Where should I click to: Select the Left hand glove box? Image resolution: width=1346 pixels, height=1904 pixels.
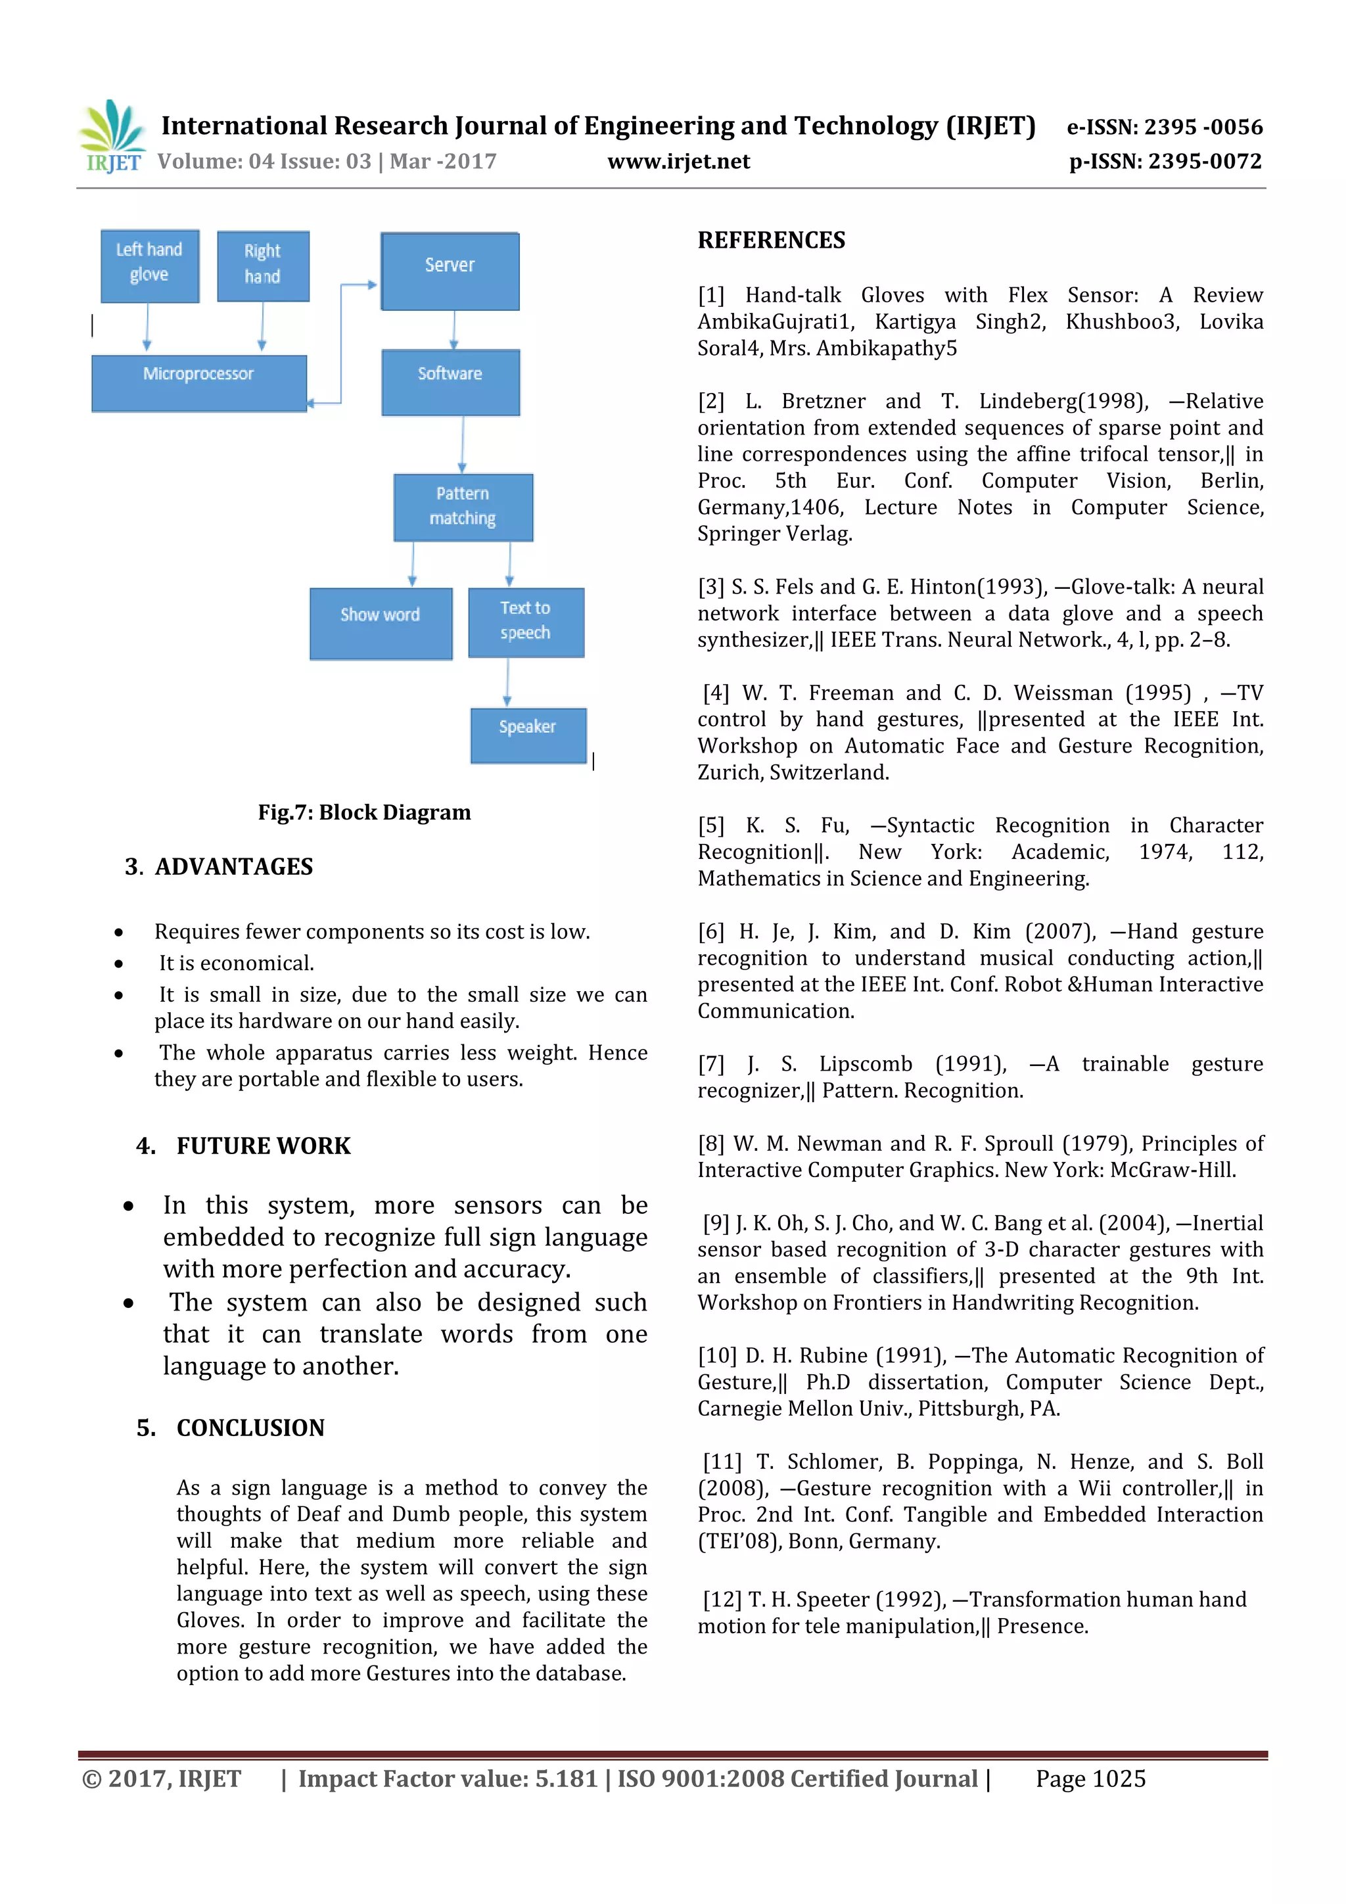pyautogui.click(x=149, y=266)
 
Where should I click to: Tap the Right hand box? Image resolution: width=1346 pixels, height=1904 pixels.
pyautogui.click(x=263, y=266)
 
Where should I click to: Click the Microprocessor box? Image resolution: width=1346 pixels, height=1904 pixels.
pyautogui.click(x=198, y=383)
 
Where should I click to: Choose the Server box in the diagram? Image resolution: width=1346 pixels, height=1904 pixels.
pyautogui.click(x=450, y=271)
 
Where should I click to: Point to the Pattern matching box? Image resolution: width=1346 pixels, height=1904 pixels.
pyautogui.click(x=463, y=507)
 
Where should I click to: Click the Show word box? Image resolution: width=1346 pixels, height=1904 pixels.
pyautogui.click(x=381, y=623)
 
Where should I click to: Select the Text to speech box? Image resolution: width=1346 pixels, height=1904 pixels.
pyautogui.click(x=526, y=622)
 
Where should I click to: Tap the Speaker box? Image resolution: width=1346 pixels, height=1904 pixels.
pyautogui.click(x=528, y=734)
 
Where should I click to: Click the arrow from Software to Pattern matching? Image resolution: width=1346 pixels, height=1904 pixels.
pyautogui.click(x=463, y=444)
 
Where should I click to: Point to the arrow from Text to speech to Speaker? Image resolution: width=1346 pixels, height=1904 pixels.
pyautogui.click(x=507, y=682)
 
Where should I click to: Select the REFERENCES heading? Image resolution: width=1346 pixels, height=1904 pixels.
pyautogui.click(x=770, y=241)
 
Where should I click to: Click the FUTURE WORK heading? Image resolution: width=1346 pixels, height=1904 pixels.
pyautogui.click(x=263, y=1146)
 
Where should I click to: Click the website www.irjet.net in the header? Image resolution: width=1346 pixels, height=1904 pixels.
pyautogui.click(x=678, y=162)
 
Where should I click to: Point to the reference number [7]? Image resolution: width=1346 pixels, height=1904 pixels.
pyautogui.click(x=710, y=1064)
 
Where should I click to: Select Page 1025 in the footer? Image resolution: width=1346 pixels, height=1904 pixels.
pyautogui.click(x=1090, y=1778)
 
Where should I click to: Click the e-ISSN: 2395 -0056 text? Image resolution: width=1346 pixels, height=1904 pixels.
pyautogui.click(x=1163, y=127)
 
